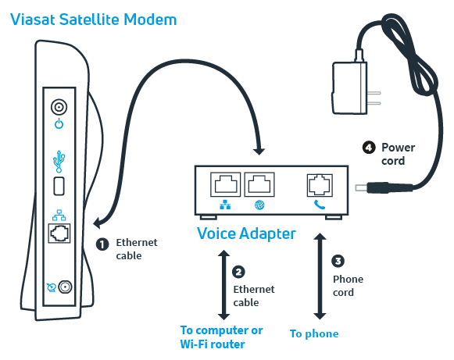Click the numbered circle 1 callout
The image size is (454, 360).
tap(102, 244)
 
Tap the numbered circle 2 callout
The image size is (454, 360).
tap(238, 272)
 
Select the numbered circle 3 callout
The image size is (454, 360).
tap(338, 261)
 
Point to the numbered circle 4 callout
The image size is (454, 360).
tap(369, 148)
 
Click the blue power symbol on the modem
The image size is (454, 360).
tap(59, 123)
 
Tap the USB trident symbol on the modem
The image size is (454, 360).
tap(59, 161)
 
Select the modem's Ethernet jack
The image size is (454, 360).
tap(59, 233)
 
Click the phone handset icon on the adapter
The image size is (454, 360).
tap(320, 205)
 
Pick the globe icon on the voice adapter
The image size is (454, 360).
tap(259, 205)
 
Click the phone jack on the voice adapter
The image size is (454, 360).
tap(320, 185)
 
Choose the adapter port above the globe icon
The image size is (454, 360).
tap(259, 184)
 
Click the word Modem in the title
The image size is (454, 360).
tap(150, 20)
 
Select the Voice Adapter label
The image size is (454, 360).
tap(246, 233)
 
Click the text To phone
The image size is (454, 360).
tap(314, 333)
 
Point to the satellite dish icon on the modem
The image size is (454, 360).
tap(52, 287)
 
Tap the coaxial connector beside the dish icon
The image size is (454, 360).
tap(65, 287)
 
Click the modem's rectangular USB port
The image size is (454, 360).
tap(59, 186)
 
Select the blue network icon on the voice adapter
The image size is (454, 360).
tap(225, 205)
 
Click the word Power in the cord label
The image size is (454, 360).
tap(398, 148)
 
